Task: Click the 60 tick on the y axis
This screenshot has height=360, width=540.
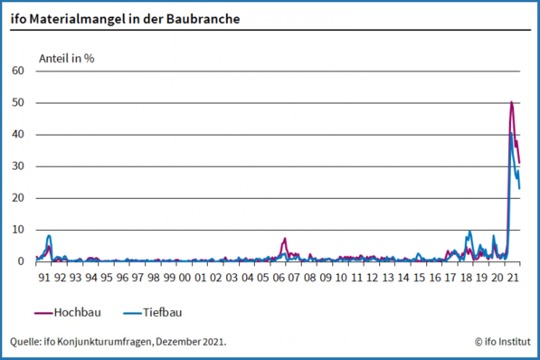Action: click(x=18, y=71)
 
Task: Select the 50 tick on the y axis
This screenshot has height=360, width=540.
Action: click(x=18, y=102)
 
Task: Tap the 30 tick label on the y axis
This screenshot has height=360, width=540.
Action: click(x=18, y=166)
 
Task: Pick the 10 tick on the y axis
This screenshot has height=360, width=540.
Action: click(x=18, y=230)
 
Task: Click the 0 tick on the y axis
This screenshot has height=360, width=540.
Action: click(x=21, y=261)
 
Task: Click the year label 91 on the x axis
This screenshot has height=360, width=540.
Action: click(x=44, y=278)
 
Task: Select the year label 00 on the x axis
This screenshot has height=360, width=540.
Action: click(x=185, y=278)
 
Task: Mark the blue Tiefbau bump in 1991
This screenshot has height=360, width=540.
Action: click(x=49, y=236)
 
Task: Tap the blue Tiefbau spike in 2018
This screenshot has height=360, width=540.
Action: click(x=469, y=232)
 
